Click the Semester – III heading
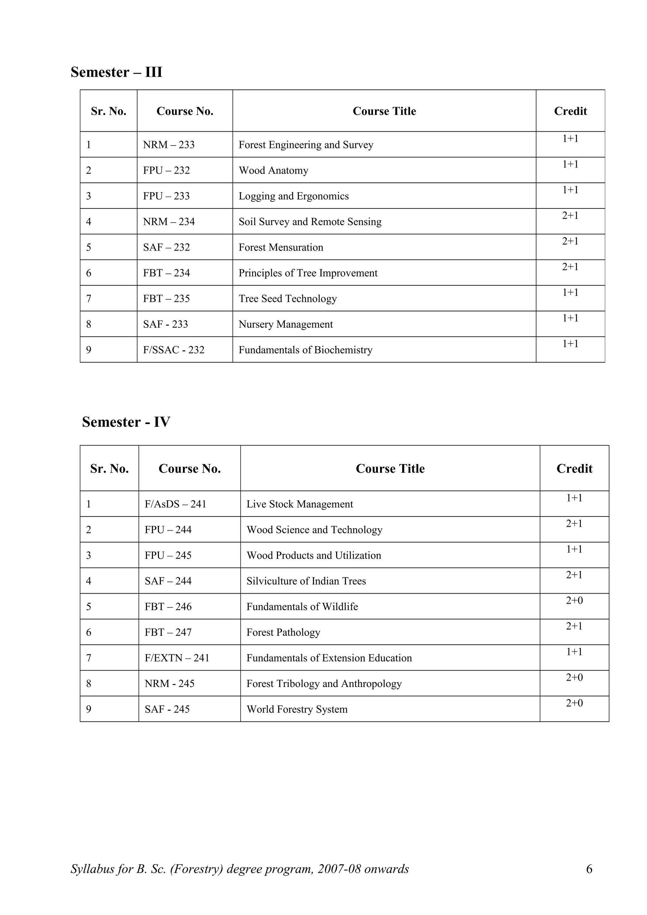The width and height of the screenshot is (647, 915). coord(116,72)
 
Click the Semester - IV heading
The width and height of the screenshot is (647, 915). coord(126,422)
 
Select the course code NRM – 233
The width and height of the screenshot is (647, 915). coord(169,145)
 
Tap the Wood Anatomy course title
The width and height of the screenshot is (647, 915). coord(274,170)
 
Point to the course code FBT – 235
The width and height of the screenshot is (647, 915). coord(166,298)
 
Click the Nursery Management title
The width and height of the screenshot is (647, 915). coord(285,324)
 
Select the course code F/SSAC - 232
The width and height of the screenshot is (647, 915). coord(173,350)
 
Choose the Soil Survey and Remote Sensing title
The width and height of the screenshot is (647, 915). coord(310,222)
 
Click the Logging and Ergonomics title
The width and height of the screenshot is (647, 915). coord(293,196)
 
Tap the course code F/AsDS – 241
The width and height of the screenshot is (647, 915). coord(175,504)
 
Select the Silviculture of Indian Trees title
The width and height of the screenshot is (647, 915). coord(306,581)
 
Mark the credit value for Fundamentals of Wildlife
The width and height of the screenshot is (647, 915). coord(574,601)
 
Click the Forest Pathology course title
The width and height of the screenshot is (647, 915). coord(283,632)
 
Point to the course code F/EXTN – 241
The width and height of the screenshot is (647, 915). coord(177,658)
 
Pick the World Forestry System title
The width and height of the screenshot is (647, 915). coord(297,709)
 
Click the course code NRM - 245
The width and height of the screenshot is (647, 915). coord(169,684)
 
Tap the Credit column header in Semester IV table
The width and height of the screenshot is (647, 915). coord(574,469)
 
